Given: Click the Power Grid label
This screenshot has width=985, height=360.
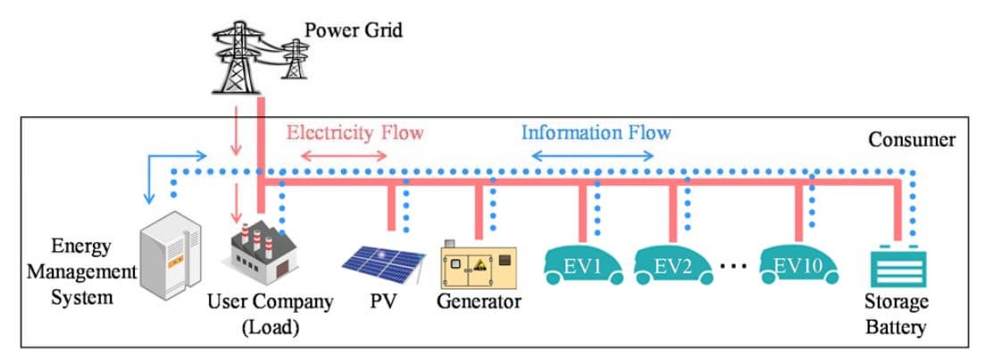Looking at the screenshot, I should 354,30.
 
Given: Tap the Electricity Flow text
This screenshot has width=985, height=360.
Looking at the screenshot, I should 355,134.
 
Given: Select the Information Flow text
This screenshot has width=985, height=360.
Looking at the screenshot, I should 596,133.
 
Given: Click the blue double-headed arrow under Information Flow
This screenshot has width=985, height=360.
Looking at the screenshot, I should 593,156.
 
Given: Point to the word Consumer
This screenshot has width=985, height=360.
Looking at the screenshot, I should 912,140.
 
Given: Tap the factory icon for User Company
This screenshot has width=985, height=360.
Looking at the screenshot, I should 259,259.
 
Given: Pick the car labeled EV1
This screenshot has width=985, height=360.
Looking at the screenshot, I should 584,264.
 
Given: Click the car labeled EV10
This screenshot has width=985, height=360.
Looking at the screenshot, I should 799,264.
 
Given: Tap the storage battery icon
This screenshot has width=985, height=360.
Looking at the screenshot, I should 897,265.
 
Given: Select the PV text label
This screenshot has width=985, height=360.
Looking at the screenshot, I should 383,301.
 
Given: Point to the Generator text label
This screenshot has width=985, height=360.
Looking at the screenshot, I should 478,301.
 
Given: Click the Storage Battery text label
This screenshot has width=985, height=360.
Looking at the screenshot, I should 896,314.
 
